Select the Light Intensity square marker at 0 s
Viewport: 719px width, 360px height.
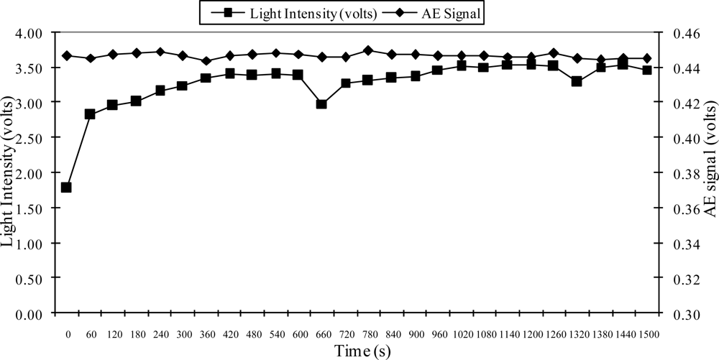pos(66,188)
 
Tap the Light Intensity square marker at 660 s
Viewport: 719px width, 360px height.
pos(321,104)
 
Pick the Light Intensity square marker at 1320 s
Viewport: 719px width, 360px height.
pos(577,81)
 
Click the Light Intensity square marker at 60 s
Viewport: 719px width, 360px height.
pos(90,114)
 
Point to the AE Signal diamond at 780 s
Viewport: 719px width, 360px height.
pos(368,51)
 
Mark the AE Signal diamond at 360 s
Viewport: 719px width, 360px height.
pos(206,61)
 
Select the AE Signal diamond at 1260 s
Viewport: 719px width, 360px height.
pos(553,53)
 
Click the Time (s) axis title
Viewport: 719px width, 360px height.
pos(362,350)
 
